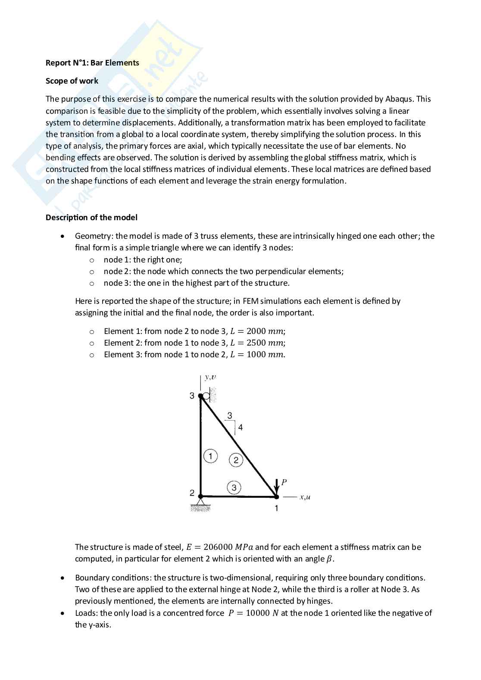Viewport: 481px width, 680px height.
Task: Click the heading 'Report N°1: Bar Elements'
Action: (x=92, y=63)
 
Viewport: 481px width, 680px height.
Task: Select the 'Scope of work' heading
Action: (x=72, y=81)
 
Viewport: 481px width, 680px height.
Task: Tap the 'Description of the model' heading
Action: (x=91, y=218)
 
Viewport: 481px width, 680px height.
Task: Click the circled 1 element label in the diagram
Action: (x=210, y=456)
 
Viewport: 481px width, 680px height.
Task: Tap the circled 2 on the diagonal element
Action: (x=236, y=460)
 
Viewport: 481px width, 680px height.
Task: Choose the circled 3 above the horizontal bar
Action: (x=234, y=488)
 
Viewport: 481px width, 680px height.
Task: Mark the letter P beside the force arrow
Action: (x=284, y=482)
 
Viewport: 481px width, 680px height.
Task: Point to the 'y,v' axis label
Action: (x=210, y=377)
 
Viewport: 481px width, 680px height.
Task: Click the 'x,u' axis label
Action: (x=305, y=497)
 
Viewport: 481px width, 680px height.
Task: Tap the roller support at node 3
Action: (x=208, y=396)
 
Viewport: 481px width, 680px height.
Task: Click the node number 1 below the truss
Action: (x=277, y=508)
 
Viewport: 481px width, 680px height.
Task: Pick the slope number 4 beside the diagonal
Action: (x=240, y=427)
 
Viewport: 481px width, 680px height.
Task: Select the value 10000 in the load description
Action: (x=257, y=613)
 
